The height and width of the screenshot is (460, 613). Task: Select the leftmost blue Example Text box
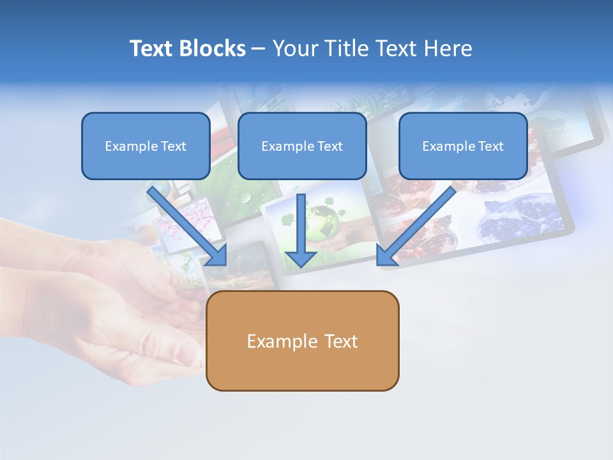click(x=146, y=146)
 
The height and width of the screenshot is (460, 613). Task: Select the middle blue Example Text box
click(x=302, y=146)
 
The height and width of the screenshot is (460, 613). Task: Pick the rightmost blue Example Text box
click(x=463, y=146)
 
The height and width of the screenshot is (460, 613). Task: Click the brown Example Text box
click(x=302, y=341)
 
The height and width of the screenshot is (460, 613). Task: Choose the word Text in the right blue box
click(x=490, y=146)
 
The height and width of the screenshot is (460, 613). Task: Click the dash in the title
click(x=259, y=49)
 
